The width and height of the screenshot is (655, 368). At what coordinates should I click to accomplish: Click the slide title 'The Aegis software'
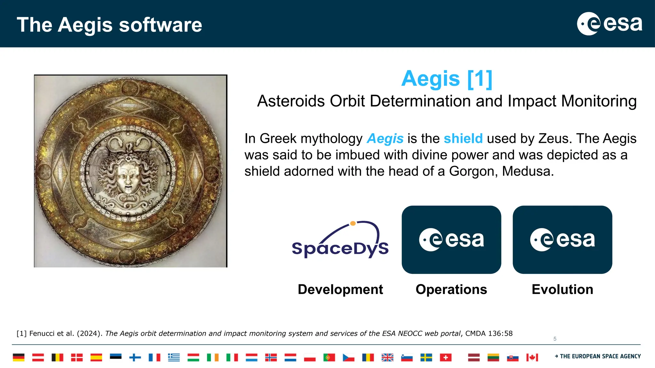tap(109, 25)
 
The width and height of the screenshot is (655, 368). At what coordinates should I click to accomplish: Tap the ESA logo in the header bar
tap(609, 24)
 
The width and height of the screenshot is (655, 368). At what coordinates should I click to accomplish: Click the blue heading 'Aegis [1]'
tap(446, 78)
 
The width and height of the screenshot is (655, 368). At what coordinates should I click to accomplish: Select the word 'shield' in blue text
tap(463, 139)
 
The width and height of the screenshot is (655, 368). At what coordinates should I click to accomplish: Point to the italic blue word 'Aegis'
tap(385, 139)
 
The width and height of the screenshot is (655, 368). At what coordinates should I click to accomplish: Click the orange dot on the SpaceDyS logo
tap(353, 224)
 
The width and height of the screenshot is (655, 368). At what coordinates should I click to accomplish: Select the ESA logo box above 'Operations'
tap(451, 240)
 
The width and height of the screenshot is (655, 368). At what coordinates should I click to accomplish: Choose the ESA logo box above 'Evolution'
tap(562, 240)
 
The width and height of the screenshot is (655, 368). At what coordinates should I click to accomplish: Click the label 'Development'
tap(340, 290)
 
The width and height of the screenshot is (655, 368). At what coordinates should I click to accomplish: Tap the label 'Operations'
tap(451, 290)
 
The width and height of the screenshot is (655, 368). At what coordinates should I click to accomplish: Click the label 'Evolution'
tap(562, 290)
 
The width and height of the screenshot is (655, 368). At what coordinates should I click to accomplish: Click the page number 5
tap(555, 339)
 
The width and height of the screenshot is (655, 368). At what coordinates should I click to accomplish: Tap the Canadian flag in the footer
tap(532, 357)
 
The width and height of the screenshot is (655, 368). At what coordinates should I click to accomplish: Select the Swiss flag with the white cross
tap(446, 357)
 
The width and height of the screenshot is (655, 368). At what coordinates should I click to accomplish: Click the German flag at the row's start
tap(19, 357)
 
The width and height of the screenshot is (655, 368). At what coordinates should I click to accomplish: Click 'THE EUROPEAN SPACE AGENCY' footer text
tap(600, 356)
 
